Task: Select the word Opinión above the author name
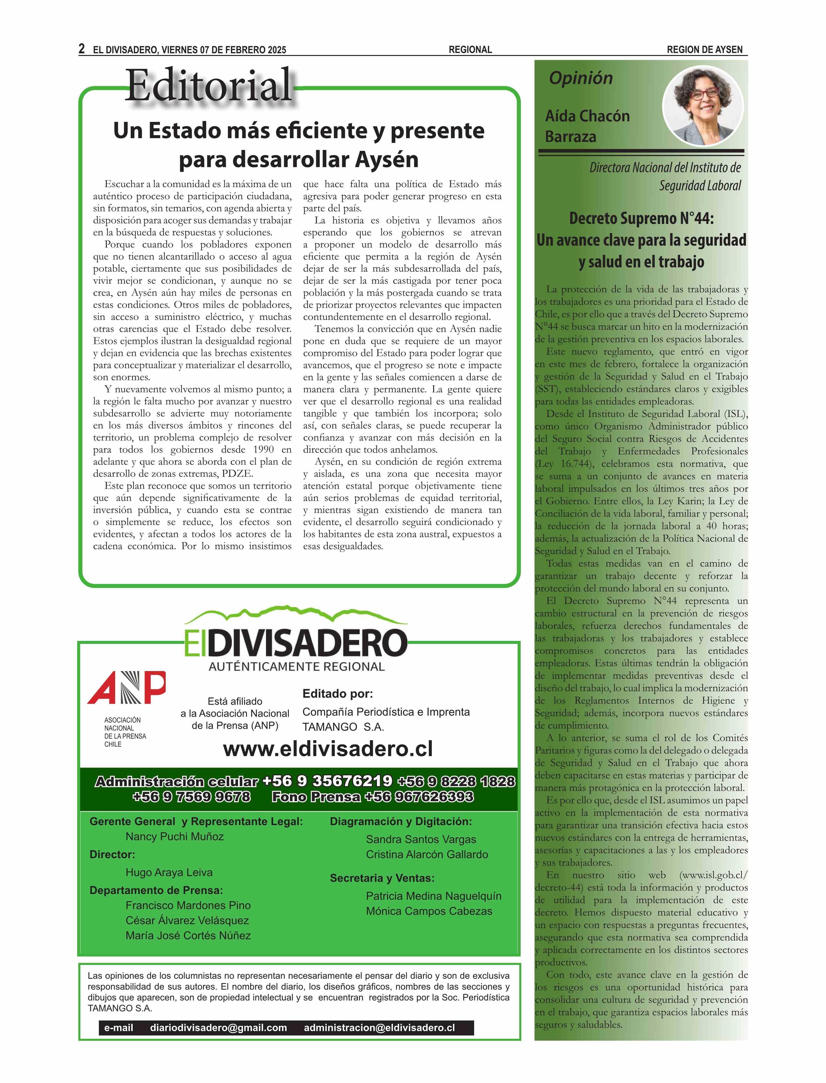click(581, 78)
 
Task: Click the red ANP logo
click(126, 687)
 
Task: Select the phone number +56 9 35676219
click(328, 781)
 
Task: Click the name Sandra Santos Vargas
click(421, 840)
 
